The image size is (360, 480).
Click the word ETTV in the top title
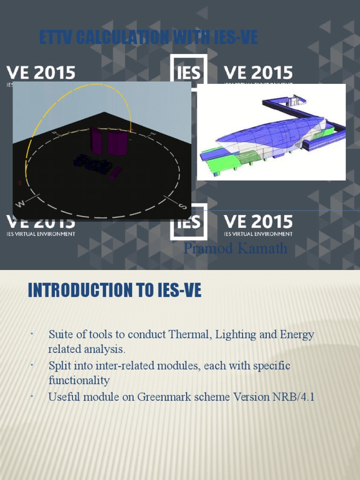pyautogui.click(x=56, y=37)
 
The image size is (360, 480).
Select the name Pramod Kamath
pyautogui.click(x=235, y=248)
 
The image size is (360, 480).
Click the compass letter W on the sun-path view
pyautogui.click(x=21, y=203)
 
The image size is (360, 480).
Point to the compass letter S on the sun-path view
pyautogui.click(x=183, y=206)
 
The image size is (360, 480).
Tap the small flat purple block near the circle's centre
pyautogui.click(x=115, y=172)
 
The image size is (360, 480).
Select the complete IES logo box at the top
pyautogui.click(x=188, y=73)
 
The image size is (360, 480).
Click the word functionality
pyautogui.click(x=79, y=380)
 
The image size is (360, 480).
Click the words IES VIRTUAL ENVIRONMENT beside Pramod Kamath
pyautogui.click(x=258, y=234)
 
